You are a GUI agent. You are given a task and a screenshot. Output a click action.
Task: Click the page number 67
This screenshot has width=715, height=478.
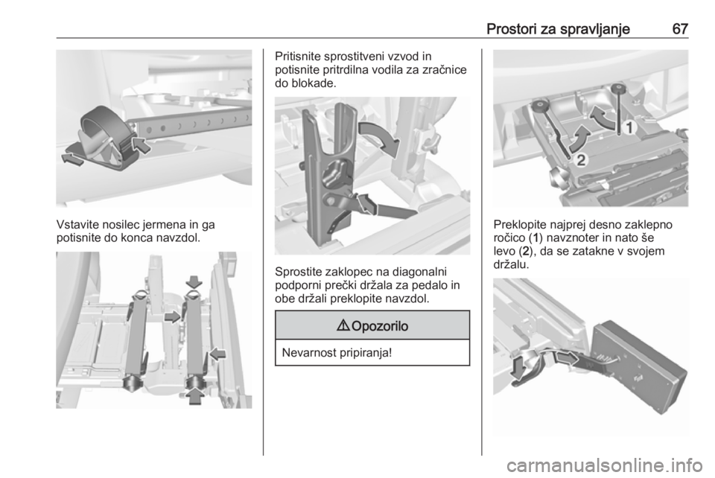point(680,29)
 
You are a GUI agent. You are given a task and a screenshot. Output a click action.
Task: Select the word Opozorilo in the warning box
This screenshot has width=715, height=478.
point(380,326)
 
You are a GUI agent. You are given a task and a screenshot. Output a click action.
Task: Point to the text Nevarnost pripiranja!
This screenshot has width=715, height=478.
point(337,353)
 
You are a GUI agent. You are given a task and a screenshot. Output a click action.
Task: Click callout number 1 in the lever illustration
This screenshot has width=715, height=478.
point(629,128)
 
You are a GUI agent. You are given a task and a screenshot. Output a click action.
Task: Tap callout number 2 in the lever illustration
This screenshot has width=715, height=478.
point(580,160)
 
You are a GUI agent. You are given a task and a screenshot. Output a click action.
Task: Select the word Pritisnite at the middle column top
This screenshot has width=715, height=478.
point(298,57)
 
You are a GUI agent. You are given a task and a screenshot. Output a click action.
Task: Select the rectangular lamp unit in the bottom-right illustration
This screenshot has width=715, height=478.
point(639,365)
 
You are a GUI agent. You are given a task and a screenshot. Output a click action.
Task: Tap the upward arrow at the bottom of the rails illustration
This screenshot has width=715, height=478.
point(195,395)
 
